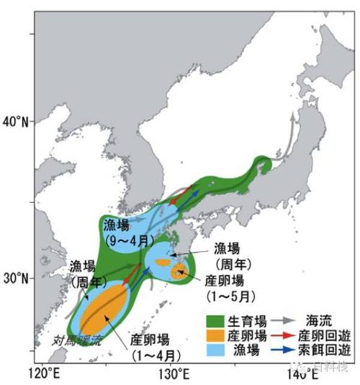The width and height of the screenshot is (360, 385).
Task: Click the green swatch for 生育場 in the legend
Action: click(x=214, y=319)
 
